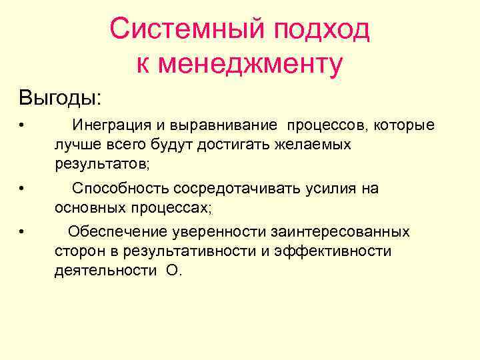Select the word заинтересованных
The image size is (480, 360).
339,232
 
